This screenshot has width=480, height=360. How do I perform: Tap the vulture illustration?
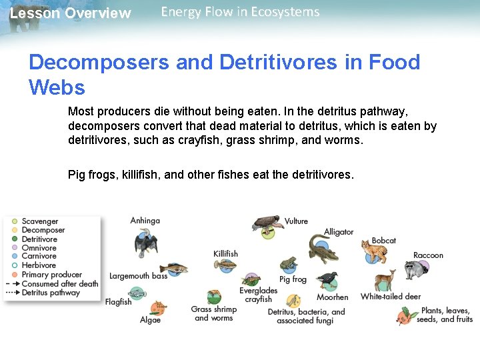click(x=267, y=225)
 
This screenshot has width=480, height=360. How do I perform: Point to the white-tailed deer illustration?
click(x=385, y=279)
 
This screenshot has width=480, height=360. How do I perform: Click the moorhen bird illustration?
click(x=327, y=279)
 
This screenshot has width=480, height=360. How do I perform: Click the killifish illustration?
click(x=225, y=265)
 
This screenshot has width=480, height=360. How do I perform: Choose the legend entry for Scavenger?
click(x=40, y=221)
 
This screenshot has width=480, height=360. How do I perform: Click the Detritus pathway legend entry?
click(x=50, y=292)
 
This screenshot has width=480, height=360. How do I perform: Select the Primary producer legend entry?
click(x=51, y=275)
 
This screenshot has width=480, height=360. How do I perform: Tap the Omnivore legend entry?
click(x=39, y=248)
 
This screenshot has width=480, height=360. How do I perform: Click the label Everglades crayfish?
click(x=258, y=295)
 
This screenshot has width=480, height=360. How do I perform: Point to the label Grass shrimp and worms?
click(x=213, y=313)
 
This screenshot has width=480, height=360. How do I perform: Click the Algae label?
click(x=150, y=320)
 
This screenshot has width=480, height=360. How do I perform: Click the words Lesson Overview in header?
click(x=71, y=13)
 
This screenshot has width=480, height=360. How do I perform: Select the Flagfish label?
click(x=118, y=302)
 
